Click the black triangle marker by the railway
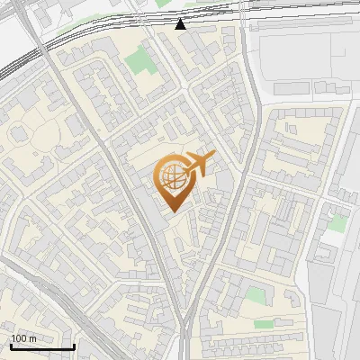tap(181, 24)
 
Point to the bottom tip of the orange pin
tap(172, 211)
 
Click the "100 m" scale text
tap(23, 338)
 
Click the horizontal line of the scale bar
tap(41, 346)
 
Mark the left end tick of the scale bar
tap(11, 345)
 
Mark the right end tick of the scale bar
tap(73, 345)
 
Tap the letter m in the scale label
tap(32, 338)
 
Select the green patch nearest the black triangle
tap(139, 61)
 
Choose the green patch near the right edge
tap(337, 222)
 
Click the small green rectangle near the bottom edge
tap(264, 324)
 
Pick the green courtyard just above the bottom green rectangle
tap(256, 294)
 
